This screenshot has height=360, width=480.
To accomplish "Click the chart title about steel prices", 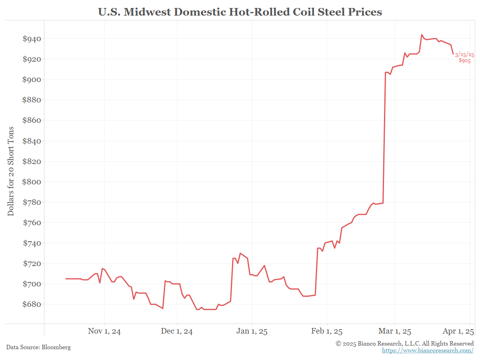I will [x=240, y=12].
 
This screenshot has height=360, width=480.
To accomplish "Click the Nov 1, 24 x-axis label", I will [x=104, y=332].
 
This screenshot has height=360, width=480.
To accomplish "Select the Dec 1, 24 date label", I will [x=176, y=332].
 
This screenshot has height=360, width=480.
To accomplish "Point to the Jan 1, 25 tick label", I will [x=252, y=332].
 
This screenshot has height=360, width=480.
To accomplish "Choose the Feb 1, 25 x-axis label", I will [x=327, y=332].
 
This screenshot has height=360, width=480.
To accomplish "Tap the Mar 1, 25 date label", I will [x=395, y=332].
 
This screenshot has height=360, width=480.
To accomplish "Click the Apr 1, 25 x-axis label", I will [x=458, y=332].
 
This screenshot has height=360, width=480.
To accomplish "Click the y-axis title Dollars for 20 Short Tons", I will [x=11, y=171].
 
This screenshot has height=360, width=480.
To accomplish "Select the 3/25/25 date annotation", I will [x=464, y=54].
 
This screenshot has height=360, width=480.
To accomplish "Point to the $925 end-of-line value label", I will [x=464, y=61].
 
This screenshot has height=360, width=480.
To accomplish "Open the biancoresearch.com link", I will [x=428, y=350].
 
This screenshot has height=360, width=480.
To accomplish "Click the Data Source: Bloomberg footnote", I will [x=38, y=347].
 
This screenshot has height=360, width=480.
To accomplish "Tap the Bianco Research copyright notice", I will [x=405, y=344].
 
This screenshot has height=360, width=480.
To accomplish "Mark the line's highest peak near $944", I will [x=422, y=34].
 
